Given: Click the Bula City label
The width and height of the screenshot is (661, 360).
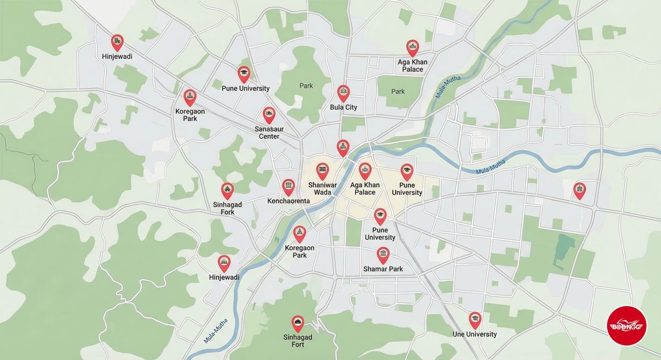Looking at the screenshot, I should point(343,107).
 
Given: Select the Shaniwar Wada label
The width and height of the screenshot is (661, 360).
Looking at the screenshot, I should point(322,188).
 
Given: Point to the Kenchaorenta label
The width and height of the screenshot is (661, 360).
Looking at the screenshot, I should point(288,201).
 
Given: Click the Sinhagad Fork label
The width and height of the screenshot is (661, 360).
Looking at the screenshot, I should point(227,208).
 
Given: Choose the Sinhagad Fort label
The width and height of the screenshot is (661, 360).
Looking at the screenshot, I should point(297,341).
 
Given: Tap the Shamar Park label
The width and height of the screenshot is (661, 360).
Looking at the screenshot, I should point(383,269).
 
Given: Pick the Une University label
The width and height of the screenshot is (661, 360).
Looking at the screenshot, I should point(474,334).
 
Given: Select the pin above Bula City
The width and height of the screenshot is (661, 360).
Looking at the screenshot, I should point(343,92).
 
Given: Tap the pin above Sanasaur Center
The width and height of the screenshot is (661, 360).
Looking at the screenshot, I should point(269,114).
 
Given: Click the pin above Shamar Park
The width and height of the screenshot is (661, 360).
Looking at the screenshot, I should point(383,254).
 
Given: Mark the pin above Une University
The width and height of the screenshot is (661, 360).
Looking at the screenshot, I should point(475,319).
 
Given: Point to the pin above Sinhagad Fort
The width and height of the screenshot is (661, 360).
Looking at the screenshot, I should point(297,323).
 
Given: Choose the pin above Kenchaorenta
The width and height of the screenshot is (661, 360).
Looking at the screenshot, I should point(288,187).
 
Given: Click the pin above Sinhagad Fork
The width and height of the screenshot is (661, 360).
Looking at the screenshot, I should point(227,190).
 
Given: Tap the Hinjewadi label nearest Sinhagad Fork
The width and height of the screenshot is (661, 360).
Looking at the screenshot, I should point(224,277).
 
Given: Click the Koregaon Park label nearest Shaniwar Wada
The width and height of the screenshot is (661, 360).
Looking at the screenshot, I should point(300,252).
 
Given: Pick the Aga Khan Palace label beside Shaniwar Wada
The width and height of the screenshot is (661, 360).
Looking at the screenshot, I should point(365,188).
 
